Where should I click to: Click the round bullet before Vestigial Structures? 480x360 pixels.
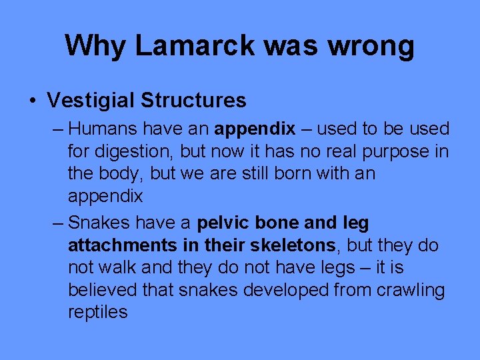coord(33,101)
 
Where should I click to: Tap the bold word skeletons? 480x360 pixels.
coord(295,245)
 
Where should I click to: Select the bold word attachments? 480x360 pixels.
coord(123,245)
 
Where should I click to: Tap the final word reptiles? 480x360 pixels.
coord(97,312)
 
